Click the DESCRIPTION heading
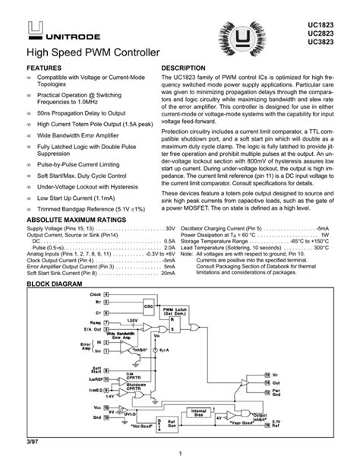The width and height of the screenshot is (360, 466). pos(185,68)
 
